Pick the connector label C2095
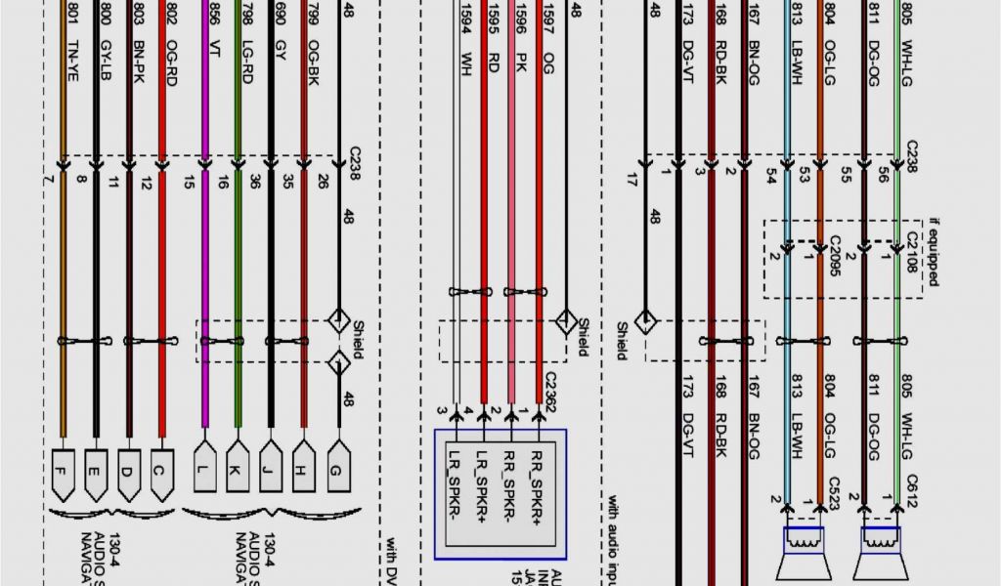[x=834, y=256]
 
